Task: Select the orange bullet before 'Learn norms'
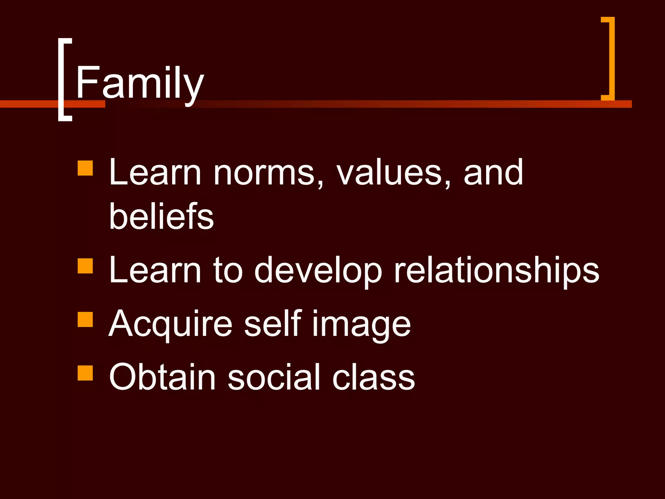85,168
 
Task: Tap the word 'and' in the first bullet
493,172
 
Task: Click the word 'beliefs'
161,216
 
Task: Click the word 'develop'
318,271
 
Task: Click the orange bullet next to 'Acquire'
85,319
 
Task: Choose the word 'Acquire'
170,324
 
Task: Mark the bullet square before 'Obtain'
85,373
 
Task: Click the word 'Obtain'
162,377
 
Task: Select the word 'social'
274,377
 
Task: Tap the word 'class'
373,377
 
